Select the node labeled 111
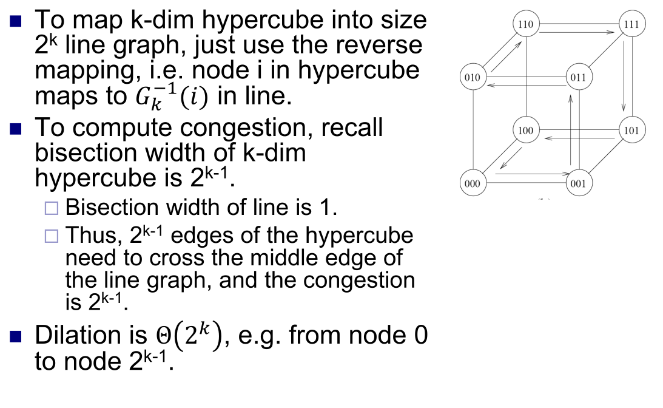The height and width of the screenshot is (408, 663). [x=632, y=25]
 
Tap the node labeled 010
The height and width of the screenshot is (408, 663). [x=472, y=77]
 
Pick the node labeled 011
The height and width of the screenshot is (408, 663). [x=579, y=77]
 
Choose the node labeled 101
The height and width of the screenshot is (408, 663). [x=632, y=130]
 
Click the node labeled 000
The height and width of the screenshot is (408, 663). [x=472, y=183]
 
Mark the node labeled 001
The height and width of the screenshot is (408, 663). [x=579, y=183]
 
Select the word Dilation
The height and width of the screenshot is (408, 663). [x=78, y=335]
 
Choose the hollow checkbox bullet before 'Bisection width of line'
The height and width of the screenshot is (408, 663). [x=53, y=209]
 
